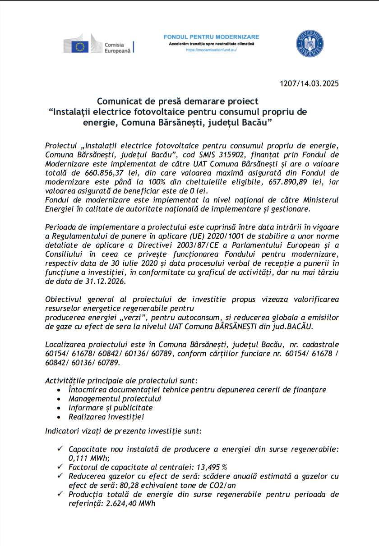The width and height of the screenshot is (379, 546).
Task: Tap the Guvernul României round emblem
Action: [310, 44]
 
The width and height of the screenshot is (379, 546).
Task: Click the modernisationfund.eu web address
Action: [211, 50]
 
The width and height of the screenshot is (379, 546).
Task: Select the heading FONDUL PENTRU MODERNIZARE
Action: [211, 36]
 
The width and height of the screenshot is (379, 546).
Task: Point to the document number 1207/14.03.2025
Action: [309, 83]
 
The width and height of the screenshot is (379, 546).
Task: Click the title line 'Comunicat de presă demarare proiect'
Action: [178, 101]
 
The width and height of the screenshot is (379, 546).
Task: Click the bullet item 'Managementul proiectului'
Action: [115, 399]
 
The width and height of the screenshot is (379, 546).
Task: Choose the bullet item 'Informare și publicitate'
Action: [111, 408]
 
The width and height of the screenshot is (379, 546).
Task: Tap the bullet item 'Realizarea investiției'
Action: [106, 417]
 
